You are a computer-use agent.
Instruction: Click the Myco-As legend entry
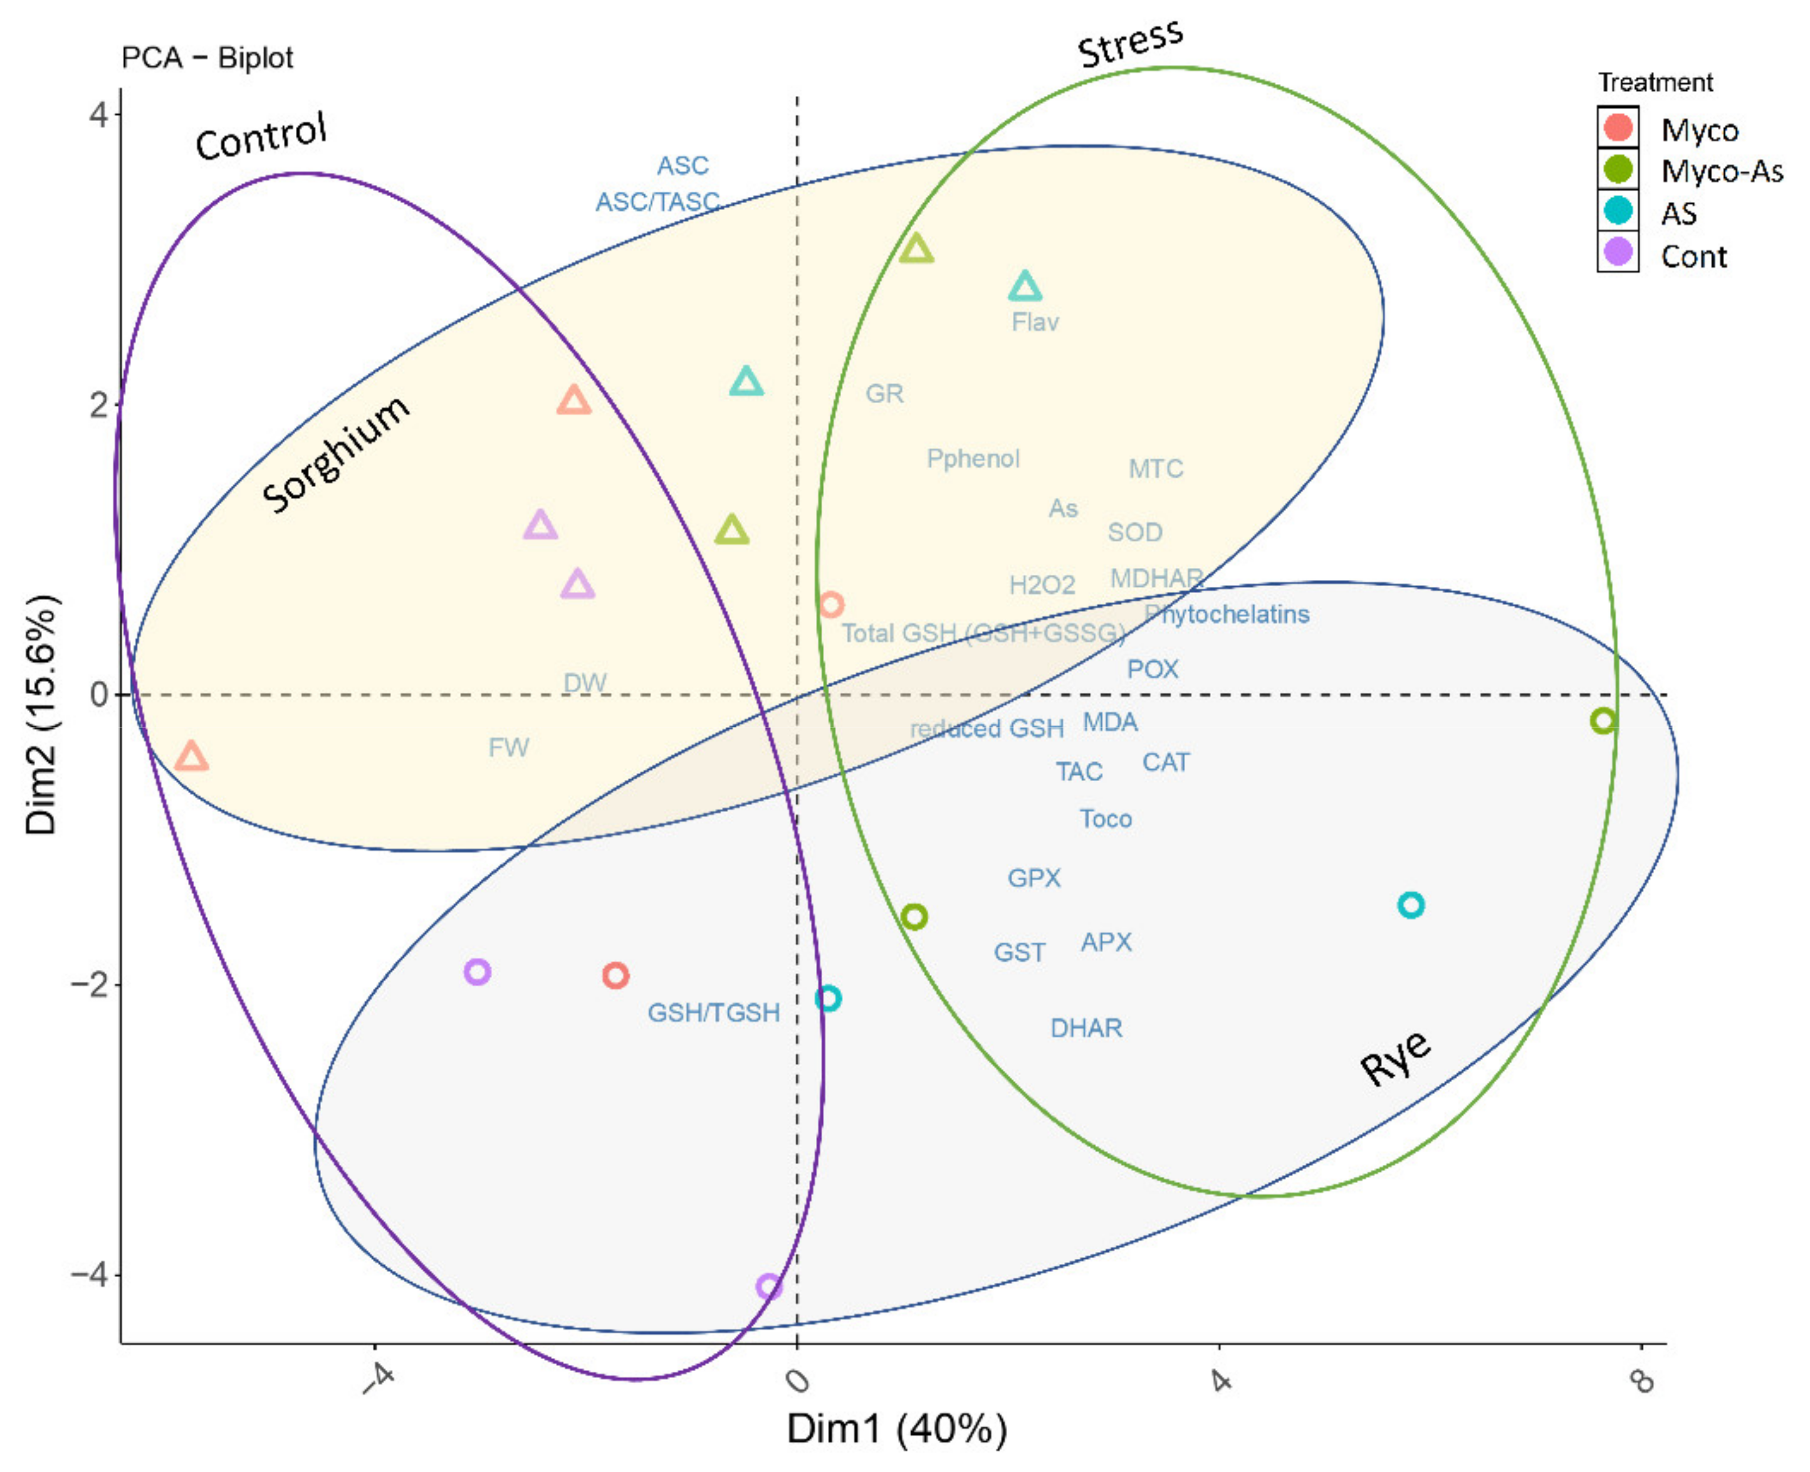click(x=1721, y=171)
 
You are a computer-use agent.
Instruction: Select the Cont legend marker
click(x=1618, y=253)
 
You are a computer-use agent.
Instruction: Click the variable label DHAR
click(x=1086, y=1029)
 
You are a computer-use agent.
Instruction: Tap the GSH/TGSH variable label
click(x=713, y=1012)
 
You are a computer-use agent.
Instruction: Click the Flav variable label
click(x=1035, y=322)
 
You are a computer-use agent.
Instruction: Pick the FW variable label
click(x=509, y=747)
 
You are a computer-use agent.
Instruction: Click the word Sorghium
click(x=336, y=455)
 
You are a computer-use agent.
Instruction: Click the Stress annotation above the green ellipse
click(x=1130, y=43)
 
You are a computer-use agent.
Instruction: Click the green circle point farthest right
click(x=1603, y=721)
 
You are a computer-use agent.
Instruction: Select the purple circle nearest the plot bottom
click(x=769, y=1286)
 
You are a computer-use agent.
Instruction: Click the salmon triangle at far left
click(x=192, y=755)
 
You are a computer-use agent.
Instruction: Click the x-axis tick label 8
click(x=1642, y=1383)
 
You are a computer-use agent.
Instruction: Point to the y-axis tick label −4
click(x=92, y=1275)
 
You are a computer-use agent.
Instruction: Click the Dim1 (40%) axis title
click(x=897, y=1429)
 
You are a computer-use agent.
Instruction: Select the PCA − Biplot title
click(x=207, y=58)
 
